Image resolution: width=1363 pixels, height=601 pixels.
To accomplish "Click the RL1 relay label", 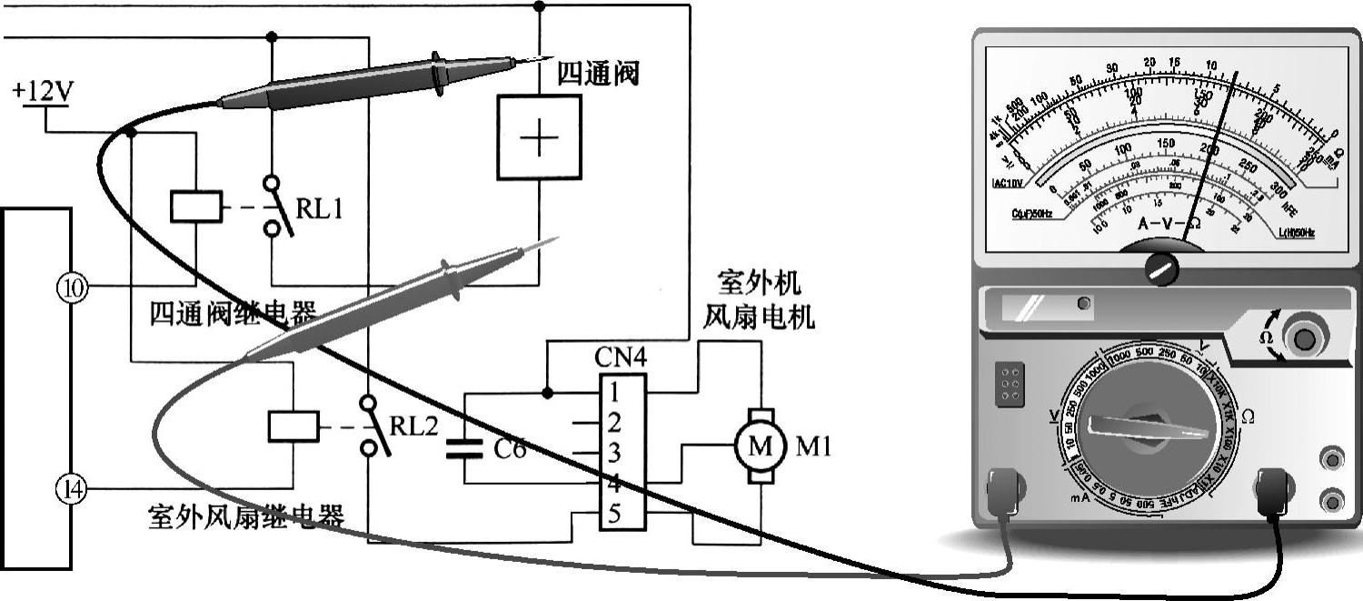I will (x=320, y=208).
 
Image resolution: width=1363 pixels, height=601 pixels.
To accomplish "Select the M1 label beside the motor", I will (x=813, y=446).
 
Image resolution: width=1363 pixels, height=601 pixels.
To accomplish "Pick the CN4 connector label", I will (x=622, y=357).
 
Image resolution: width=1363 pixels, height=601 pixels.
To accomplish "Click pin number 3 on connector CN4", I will (x=615, y=452).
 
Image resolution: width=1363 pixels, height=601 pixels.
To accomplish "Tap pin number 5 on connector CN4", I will (x=615, y=515).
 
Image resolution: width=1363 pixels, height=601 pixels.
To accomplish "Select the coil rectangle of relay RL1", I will (x=196, y=206).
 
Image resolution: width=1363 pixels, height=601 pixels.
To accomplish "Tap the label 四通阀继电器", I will (x=233, y=315).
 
